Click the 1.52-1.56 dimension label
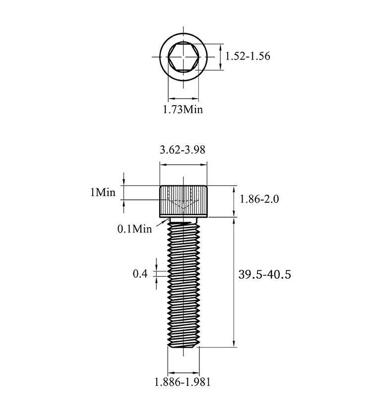(248, 57)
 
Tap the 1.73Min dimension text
(183, 109)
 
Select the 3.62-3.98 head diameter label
(183, 150)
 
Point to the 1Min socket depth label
(103, 192)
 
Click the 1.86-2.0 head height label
(259, 199)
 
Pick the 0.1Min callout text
(135, 229)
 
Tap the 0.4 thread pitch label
(140, 274)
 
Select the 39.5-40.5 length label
(265, 275)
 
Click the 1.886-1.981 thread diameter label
(183, 382)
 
